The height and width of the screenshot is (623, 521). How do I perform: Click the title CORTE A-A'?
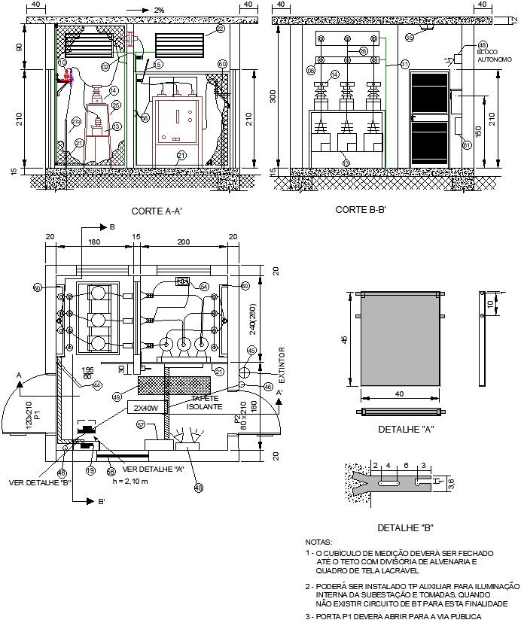coord(157,211)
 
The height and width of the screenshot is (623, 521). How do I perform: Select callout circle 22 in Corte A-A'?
coord(220,29)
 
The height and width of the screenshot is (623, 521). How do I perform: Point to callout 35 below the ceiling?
coord(410,36)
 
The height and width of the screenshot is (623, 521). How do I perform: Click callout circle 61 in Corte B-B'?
coord(466,145)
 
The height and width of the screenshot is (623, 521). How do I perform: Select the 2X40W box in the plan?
coord(146,408)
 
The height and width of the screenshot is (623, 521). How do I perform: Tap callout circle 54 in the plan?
coord(205,287)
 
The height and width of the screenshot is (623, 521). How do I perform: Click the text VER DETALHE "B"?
coord(38,482)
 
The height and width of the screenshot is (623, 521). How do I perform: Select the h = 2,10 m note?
coord(125,481)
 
